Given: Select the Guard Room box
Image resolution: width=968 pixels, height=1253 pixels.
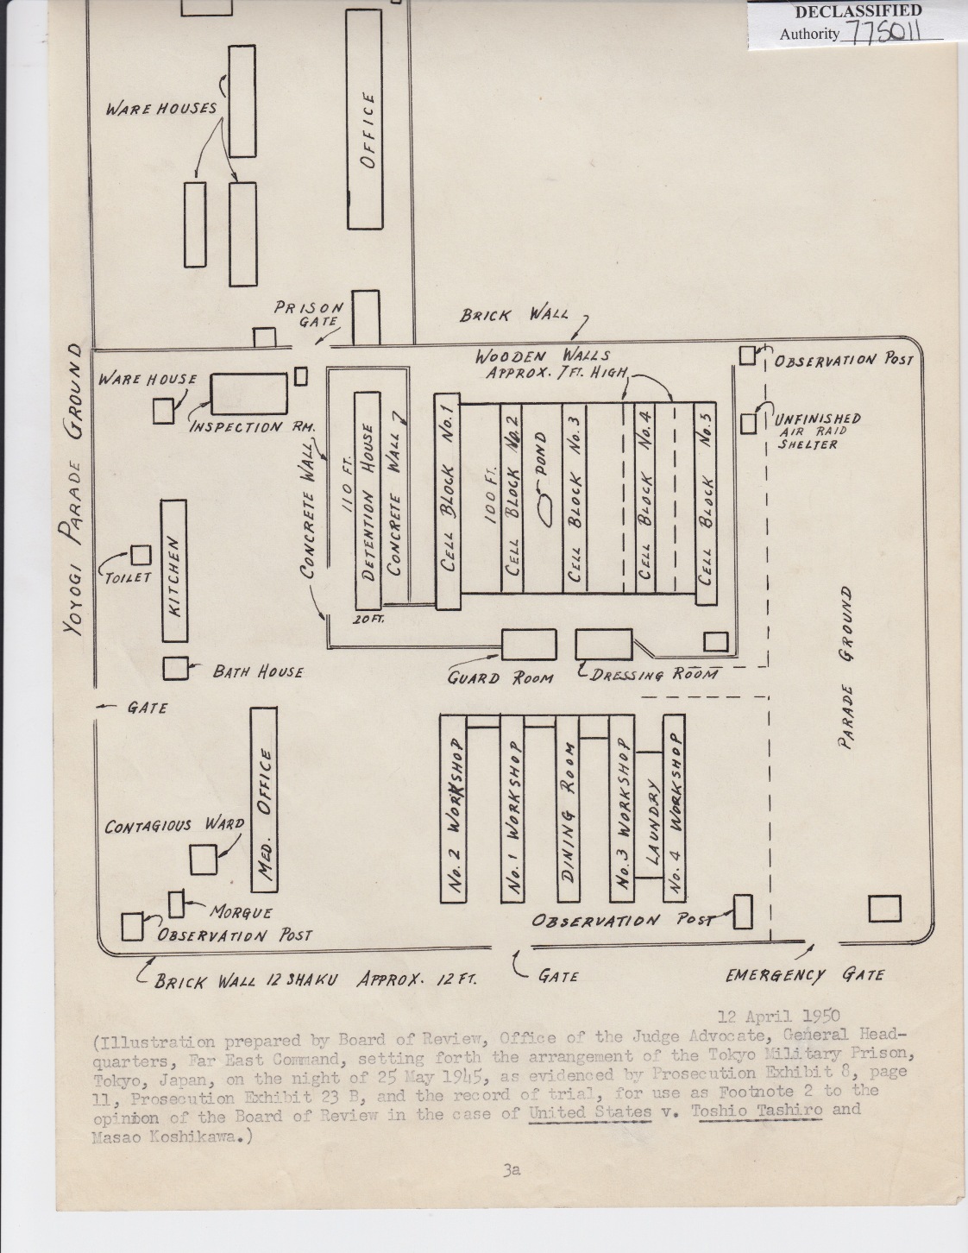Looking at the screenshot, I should pos(529,645).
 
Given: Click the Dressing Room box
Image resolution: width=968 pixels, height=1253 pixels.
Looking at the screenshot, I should pos(604,645).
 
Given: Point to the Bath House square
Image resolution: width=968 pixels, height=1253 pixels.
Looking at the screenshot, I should pos(175,669).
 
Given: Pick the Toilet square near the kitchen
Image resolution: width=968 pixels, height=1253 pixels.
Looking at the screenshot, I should pos(140,555).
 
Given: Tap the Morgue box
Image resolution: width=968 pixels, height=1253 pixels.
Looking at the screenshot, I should pos(178,904).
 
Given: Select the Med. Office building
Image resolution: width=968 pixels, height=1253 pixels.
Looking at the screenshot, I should pos(264,799).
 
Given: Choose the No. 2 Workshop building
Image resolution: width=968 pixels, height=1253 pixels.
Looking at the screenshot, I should pos(454,808).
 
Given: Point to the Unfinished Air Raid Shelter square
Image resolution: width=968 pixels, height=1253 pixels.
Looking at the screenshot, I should pos(748,424).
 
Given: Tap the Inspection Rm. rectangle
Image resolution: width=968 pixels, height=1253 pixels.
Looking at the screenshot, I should pos(249,394).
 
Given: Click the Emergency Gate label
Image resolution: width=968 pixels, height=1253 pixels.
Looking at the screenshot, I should pos(804,975).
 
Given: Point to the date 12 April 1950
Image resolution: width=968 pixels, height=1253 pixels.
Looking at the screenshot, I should pos(779,1017).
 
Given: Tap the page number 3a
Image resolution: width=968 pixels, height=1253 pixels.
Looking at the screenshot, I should pos(511,1170).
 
